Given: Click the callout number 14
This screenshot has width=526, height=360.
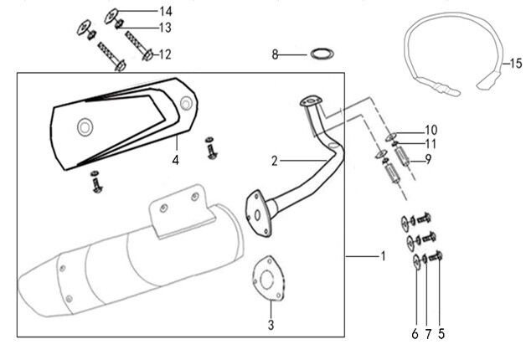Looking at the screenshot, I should (x=165, y=11).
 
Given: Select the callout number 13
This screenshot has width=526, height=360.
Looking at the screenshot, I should (x=165, y=28).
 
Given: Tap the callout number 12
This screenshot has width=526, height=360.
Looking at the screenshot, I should (x=165, y=54).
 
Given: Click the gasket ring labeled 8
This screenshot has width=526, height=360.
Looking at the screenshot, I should (x=320, y=55).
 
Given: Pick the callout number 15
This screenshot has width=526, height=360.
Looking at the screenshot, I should (x=514, y=64).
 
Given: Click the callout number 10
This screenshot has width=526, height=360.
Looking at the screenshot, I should (x=431, y=130).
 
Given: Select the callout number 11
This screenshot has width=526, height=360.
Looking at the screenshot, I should (x=431, y=143).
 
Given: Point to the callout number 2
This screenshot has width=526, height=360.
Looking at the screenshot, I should (x=273, y=159).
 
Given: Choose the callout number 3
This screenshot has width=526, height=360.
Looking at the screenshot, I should (x=271, y=324).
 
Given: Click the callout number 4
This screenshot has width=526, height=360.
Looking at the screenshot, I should (x=176, y=159).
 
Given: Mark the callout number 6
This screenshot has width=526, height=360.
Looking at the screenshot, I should (x=414, y=334).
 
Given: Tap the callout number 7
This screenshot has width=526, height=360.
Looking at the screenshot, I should (x=427, y=334).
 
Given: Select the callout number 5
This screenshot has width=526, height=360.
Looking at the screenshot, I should (x=441, y=334).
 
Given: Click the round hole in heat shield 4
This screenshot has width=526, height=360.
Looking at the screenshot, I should (x=84, y=126).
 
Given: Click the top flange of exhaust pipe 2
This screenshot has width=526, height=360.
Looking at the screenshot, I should (x=312, y=102).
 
